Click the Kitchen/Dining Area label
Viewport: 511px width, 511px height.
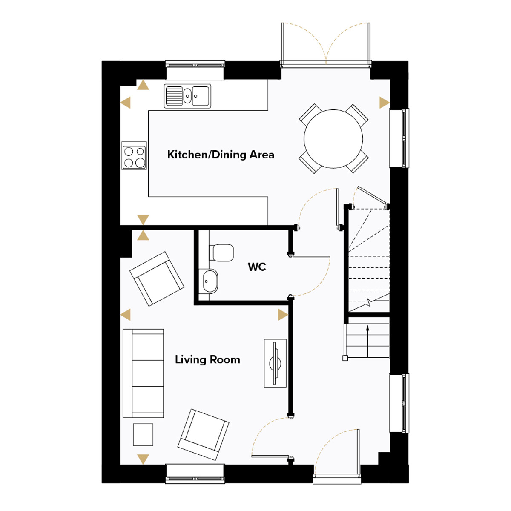[x=221, y=155]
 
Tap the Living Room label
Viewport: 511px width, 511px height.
[x=207, y=359]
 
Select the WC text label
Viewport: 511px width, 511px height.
[x=257, y=267]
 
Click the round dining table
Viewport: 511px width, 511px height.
[x=333, y=139]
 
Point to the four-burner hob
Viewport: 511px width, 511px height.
[x=134, y=156]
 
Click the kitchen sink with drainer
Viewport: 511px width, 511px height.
[x=187, y=96]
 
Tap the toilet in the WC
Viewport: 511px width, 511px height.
[x=221, y=253]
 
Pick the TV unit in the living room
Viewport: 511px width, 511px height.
[x=275, y=363]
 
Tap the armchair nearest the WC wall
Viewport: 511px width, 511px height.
[x=157, y=278]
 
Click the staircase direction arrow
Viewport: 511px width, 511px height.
[x=367, y=342]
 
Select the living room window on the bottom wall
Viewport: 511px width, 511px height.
[x=195, y=478]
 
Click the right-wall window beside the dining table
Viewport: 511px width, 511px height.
[x=399, y=138]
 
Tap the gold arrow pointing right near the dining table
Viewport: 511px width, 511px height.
[x=384, y=103]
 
